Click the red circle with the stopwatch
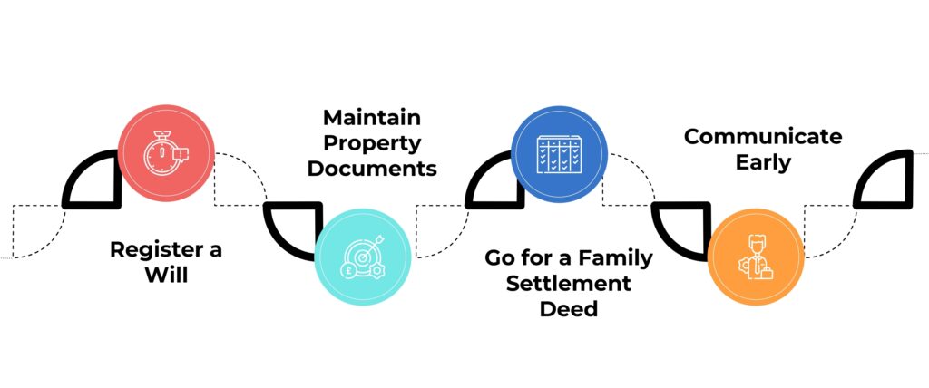coord(166,153)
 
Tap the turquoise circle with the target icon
coord(363,257)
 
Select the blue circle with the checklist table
coord(559,154)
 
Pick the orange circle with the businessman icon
coord(756,257)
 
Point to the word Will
coord(167,276)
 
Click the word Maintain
coord(372,117)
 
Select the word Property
coord(372,144)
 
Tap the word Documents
coord(372,169)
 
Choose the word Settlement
coord(568,283)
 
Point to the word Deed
coord(568,308)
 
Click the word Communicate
coord(763,136)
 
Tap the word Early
coord(763,162)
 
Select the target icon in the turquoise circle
coord(363,257)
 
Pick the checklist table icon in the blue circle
coord(559,154)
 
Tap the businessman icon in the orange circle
coord(756,257)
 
